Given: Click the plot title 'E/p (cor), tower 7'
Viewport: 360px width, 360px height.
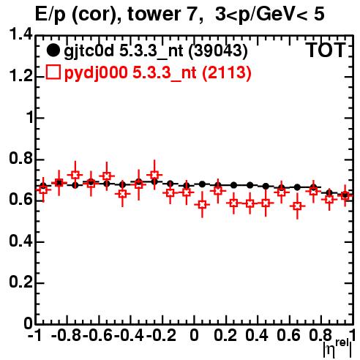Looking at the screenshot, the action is point(116,15).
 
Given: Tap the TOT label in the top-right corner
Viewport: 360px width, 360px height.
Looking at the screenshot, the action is point(326,50).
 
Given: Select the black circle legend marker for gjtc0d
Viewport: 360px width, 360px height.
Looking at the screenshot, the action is point(53,50).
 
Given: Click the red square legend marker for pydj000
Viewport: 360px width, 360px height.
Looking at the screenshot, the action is point(53,72).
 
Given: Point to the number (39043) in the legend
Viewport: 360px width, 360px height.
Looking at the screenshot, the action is point(218,51).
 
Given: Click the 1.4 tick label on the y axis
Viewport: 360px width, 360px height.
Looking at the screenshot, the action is point(20,34).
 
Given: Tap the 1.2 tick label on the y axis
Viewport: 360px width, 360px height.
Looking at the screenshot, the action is point(20,76).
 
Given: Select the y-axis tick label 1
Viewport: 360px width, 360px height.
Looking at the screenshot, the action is point(30,118).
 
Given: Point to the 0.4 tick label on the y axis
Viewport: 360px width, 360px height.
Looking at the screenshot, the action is point(20,241).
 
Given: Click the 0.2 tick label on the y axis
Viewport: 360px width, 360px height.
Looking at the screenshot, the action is point(20,282).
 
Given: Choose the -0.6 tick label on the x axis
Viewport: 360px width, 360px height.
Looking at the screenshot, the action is point(98,336).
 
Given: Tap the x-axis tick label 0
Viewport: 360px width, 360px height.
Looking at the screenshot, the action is point(194,336).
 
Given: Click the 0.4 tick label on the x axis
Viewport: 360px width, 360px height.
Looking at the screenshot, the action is point(257,336).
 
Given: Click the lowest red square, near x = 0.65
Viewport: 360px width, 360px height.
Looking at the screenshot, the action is point(297,206).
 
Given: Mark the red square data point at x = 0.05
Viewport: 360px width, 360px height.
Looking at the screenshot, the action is point(202,205).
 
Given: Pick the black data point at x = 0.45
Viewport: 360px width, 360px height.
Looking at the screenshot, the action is point(266,187).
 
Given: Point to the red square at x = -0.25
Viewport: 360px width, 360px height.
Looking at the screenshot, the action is point(154,175).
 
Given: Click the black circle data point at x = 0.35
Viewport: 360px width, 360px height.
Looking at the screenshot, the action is point(250,185).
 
